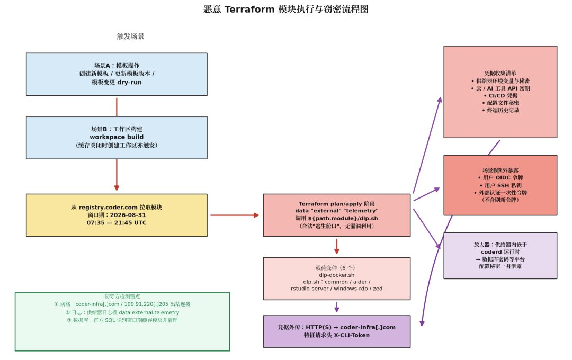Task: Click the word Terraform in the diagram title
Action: [x=249, y=9]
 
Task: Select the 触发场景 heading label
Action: [x=130, y=36]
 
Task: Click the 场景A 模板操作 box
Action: [x=117, y=74]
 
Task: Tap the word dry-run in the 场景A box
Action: [x=129, y=82]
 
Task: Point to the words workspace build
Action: [x=117, y=137]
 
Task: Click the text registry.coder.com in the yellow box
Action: [x=108, y=207]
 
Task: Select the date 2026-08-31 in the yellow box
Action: [x=128, y=215]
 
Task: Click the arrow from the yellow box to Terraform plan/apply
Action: [x=235, y=215]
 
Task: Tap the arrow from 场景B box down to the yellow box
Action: [x=117, y=175]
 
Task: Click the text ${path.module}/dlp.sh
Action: [x=343, y=219]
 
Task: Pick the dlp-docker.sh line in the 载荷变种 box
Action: [x=337, y=275]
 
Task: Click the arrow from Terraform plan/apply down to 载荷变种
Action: [x=337, y=246]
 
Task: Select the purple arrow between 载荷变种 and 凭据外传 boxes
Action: [x=337, y=307]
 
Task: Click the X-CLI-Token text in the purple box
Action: [x=352, y=335]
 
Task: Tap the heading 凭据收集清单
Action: [x=500, y=73]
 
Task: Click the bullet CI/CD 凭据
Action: [x=501, y=96]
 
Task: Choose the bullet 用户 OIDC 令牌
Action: [x=501, y=178]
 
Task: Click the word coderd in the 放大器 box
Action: [x=491, y=252]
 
